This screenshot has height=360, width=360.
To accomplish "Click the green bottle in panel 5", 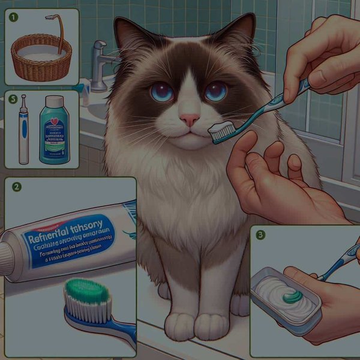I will click(x=54, y=132).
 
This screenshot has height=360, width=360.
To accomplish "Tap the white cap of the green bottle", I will click(x=54, y=101).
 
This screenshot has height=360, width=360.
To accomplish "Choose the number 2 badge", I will click(x=17, y=187).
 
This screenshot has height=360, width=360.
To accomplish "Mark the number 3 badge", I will click(x=260, y=235).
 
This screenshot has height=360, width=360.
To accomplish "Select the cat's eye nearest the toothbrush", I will click(x=215, y=91).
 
